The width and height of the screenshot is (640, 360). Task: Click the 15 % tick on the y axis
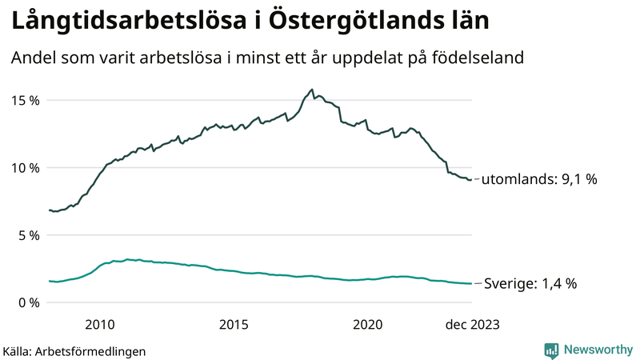tap(25, 100)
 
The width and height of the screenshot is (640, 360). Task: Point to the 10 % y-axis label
tap(25, 168)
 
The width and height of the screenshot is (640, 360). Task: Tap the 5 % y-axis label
tap(28, 235)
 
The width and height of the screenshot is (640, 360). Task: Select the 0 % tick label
tap(28, 302)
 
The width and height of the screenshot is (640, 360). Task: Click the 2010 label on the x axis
tap(99, 324)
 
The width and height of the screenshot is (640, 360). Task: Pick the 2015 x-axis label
tap(234, 324)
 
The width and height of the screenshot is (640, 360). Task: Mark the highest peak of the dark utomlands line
tap(311, 90)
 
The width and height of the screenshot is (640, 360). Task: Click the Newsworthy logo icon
tap(551, 350)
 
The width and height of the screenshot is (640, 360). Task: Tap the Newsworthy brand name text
tap(597, 350)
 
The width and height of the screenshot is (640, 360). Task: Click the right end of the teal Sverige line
tap(471, 283)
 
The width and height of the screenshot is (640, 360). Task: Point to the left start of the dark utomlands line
tap(50, 210)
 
